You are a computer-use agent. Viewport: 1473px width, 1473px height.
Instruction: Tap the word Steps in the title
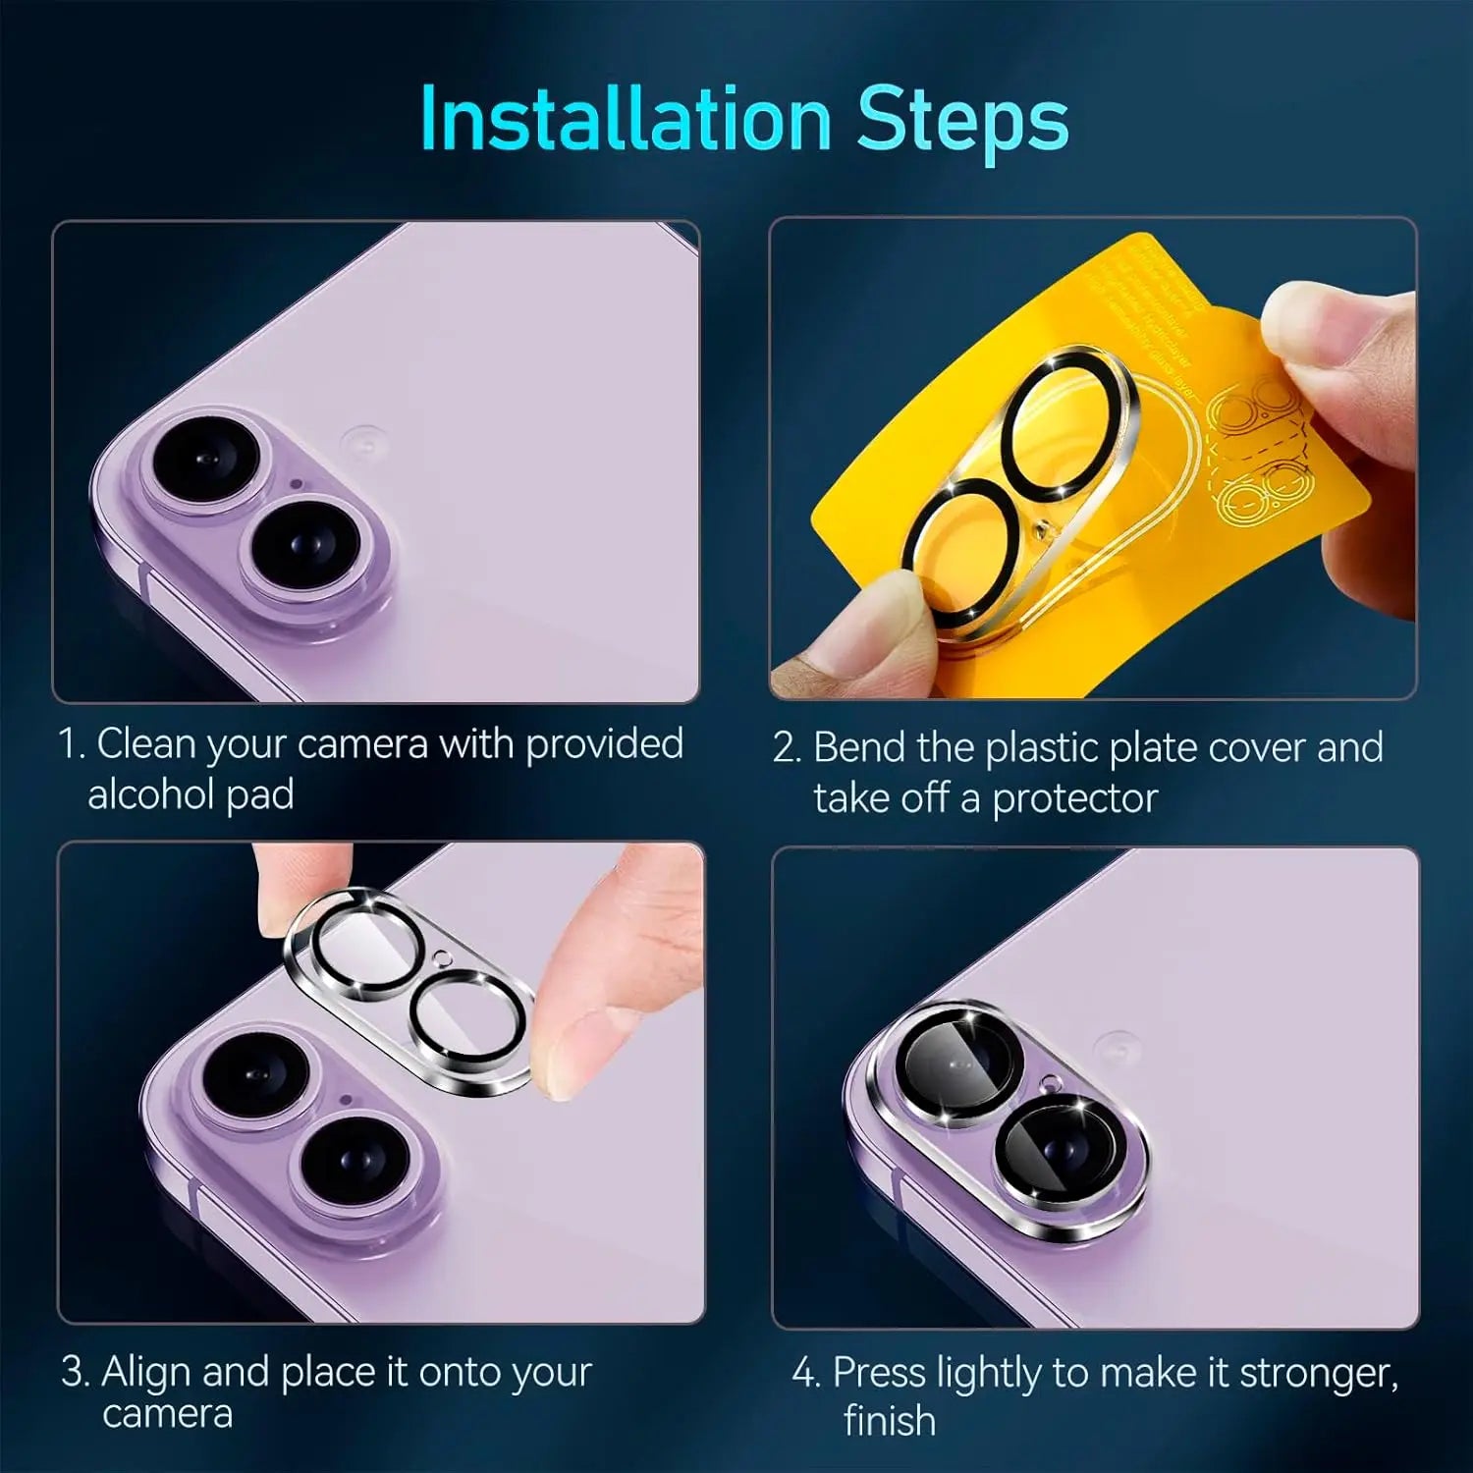961,120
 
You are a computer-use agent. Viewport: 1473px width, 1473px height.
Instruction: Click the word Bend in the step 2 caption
859,747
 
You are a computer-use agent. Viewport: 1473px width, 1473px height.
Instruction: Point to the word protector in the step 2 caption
1074,798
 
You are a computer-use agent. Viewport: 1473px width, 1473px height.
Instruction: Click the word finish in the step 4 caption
889,1421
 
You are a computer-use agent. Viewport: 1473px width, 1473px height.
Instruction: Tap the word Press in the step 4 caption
879,1372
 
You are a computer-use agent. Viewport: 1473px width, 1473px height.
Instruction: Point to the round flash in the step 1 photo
363,441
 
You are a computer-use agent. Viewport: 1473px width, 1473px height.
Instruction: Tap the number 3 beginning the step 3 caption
75,1371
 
